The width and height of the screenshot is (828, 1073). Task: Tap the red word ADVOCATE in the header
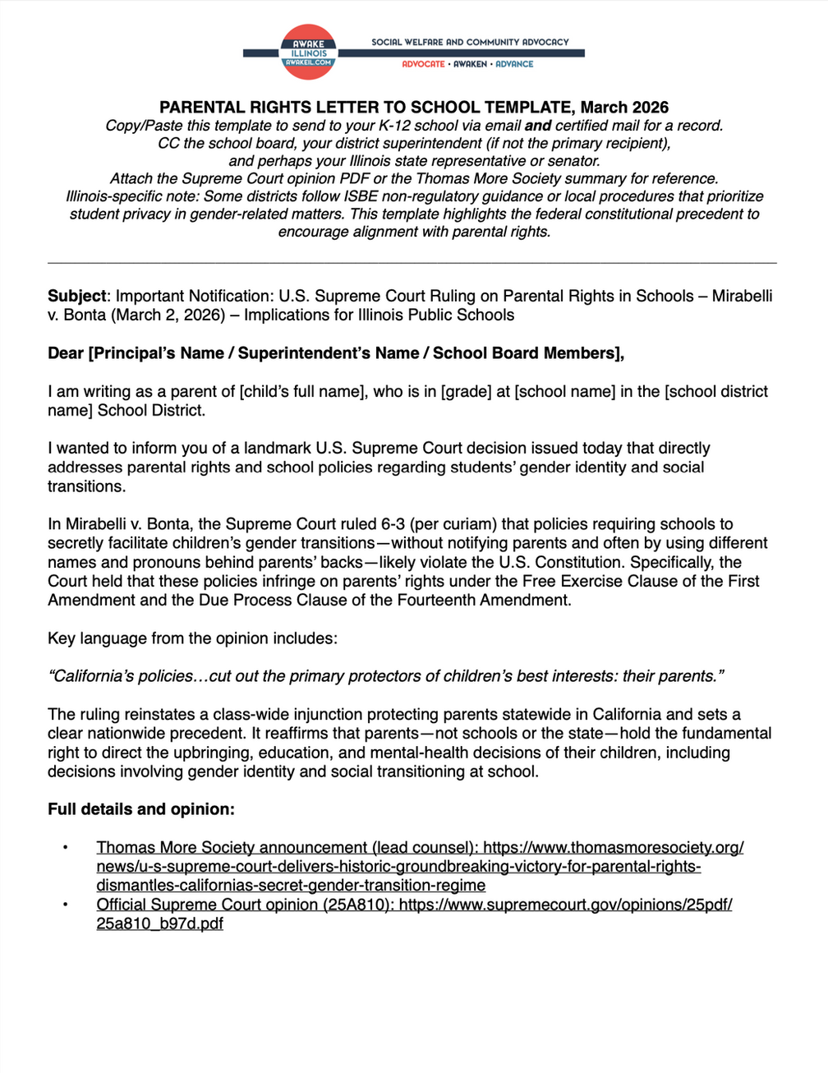pyautogui.click(x=423, y=64)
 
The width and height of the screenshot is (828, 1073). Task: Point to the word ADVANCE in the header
pyautogui.click(x=514, y=64)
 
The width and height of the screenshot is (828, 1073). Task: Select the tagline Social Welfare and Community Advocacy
pyautogui.click(x=470, y=42)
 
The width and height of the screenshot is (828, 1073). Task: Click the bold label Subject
pyautogui.click(x=77, y=296)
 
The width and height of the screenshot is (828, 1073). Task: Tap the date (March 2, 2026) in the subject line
pyautogui.click(x=173, y=315)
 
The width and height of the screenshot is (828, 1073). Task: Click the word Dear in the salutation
pyautogui.click(x=66, y=353)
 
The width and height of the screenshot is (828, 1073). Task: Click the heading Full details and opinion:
pyautogui.click(x=141, y=809)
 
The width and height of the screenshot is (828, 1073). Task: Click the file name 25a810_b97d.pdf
pyautogui.click(x=159, y=923)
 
